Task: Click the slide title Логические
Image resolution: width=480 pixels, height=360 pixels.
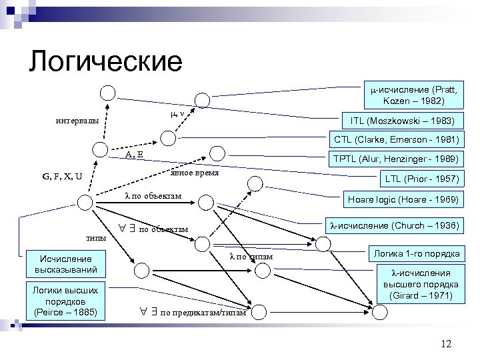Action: pyautogui.click(x=105, y=61)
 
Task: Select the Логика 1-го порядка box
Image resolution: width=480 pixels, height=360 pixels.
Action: pyautogui.click(x=415, y=253)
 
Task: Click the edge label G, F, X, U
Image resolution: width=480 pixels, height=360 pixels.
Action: pyautogui.click(x=62, y=177)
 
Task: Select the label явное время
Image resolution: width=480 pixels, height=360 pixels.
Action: pyautogui.click(x=195, y=173)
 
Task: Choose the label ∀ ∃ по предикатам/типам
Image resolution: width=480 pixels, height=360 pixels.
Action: pyautogui.click(x=193, y=311)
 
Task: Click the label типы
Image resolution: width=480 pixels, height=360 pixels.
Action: pyautogui.click(x=97, y=237)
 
